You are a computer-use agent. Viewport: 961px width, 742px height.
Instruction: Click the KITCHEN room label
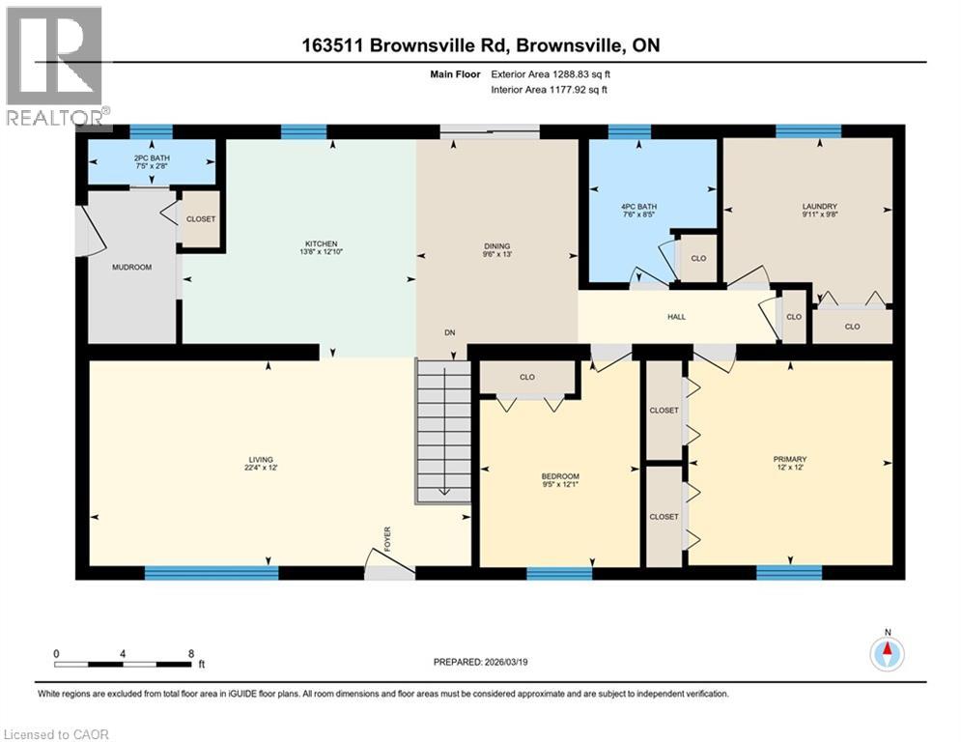pos(323,243)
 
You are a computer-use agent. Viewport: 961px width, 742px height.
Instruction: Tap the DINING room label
pos(497,246)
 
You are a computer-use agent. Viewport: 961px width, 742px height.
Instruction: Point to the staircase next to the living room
pos(442,430)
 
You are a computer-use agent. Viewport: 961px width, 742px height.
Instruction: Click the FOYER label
pos(387,537)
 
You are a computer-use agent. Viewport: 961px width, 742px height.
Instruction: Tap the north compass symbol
pos(887,653)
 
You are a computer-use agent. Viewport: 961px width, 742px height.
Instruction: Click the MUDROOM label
pos(132,267)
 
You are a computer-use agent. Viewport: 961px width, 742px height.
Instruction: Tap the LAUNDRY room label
pos(819,206)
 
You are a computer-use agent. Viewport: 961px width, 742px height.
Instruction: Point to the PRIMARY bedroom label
pos(789,459)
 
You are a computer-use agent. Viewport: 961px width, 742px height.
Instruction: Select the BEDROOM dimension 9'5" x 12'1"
pos(560,487)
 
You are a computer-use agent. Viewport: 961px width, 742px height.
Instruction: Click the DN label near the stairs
pos(449,332)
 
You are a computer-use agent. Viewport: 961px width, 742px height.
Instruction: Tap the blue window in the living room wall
pos(212,573)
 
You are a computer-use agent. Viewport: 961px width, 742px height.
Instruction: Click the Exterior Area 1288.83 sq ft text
pos(550,73)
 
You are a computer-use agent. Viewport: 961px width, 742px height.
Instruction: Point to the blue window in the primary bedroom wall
pos(789,573)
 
